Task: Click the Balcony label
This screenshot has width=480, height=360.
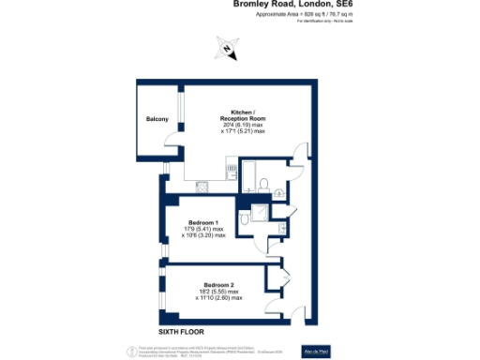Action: click(157, 120)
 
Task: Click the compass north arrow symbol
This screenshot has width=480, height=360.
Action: click(226, 50)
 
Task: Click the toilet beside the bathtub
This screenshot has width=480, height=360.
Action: click(265, 183)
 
